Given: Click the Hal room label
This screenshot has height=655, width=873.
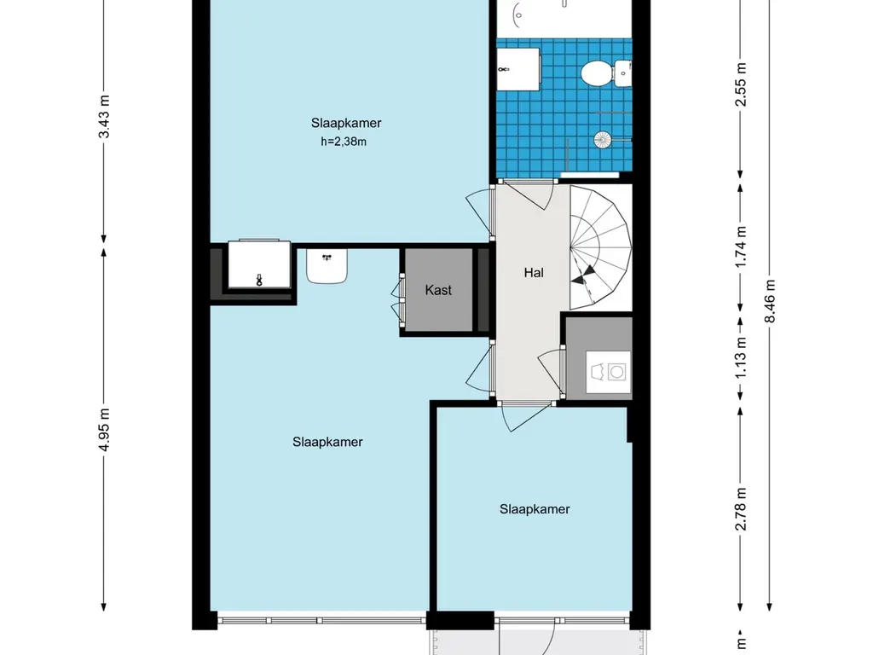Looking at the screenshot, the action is (534, 272).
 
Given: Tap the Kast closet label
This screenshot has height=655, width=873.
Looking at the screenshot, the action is (438, 290).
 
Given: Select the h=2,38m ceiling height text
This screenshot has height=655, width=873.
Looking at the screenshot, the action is (344, 142).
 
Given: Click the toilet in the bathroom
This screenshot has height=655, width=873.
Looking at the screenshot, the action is (606, 73).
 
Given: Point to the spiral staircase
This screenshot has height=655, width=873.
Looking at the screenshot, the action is (600, 247).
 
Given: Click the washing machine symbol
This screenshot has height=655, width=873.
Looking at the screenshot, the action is (608, 372).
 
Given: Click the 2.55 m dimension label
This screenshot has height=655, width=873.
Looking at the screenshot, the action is (741, 84).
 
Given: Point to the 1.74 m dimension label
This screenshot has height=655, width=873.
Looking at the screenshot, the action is (741, 246).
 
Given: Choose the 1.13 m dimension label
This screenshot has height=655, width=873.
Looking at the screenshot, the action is (741, 358).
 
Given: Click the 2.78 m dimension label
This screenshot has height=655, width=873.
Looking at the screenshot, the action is (741, 508).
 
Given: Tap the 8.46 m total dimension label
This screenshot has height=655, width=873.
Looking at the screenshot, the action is (770, 301).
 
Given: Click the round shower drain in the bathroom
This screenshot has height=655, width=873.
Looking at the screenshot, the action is (603, 139).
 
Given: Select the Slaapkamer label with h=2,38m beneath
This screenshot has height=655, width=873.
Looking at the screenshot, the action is (346, 123).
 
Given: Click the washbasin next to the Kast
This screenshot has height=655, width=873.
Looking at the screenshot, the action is (327, 266).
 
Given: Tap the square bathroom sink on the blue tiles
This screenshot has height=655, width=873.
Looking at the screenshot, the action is (517, 69).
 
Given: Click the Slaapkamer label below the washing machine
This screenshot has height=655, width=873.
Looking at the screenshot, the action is (535, 509).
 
